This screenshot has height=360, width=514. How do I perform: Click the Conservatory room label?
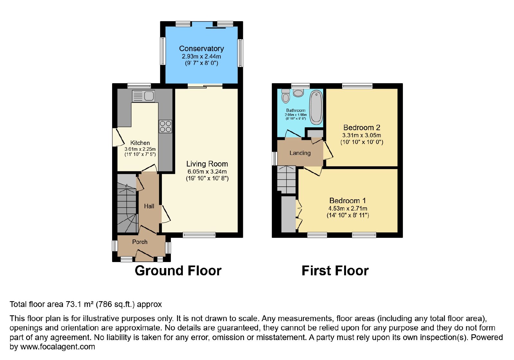[x=201, y=49]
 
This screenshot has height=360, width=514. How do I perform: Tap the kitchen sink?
[x=143, y=96]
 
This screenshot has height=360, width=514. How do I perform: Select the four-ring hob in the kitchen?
[x=165, y=127]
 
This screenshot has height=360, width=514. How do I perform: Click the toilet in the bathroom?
[x=286, y=96]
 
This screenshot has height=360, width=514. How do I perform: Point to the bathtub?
[x=316, y=107]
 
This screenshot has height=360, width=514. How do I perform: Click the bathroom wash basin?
[x=298, y=93]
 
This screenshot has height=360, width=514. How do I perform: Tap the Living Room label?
[x=207, y=164]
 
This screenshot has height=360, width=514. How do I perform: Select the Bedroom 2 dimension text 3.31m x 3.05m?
[x=362, y=135]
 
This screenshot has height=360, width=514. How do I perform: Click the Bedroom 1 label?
[x=348, y=201]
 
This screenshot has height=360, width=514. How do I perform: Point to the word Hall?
[x=149, y=206]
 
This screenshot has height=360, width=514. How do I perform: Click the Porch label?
[x=140, y=242]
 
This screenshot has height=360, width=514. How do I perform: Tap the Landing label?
[x=300, y=153]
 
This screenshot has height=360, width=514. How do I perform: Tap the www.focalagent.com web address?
[x=58, y=346]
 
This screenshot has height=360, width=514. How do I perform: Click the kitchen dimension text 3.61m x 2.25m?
[x=140, y=149]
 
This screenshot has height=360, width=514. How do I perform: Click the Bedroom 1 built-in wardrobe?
[x=288, y=214]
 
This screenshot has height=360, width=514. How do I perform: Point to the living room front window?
[x=199, y=235]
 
